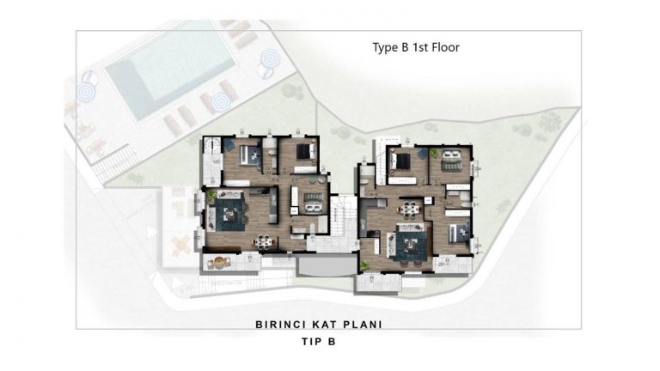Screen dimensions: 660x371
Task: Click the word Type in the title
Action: [x=385, y=47]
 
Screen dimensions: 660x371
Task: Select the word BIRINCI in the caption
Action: [x=280, y=325]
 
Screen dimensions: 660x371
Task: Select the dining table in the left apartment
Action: [x=264, y=241]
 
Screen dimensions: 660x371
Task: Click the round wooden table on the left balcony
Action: [x=218, y=263]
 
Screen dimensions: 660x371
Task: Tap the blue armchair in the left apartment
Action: [x=229, y=144]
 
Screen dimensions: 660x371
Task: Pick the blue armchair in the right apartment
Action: [x=421, y=155]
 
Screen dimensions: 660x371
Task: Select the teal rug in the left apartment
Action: [x=229, y=215]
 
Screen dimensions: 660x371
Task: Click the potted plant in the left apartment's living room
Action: [x=211, y=194]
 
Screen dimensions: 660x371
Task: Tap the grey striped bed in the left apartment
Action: [x=313, y=203]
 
